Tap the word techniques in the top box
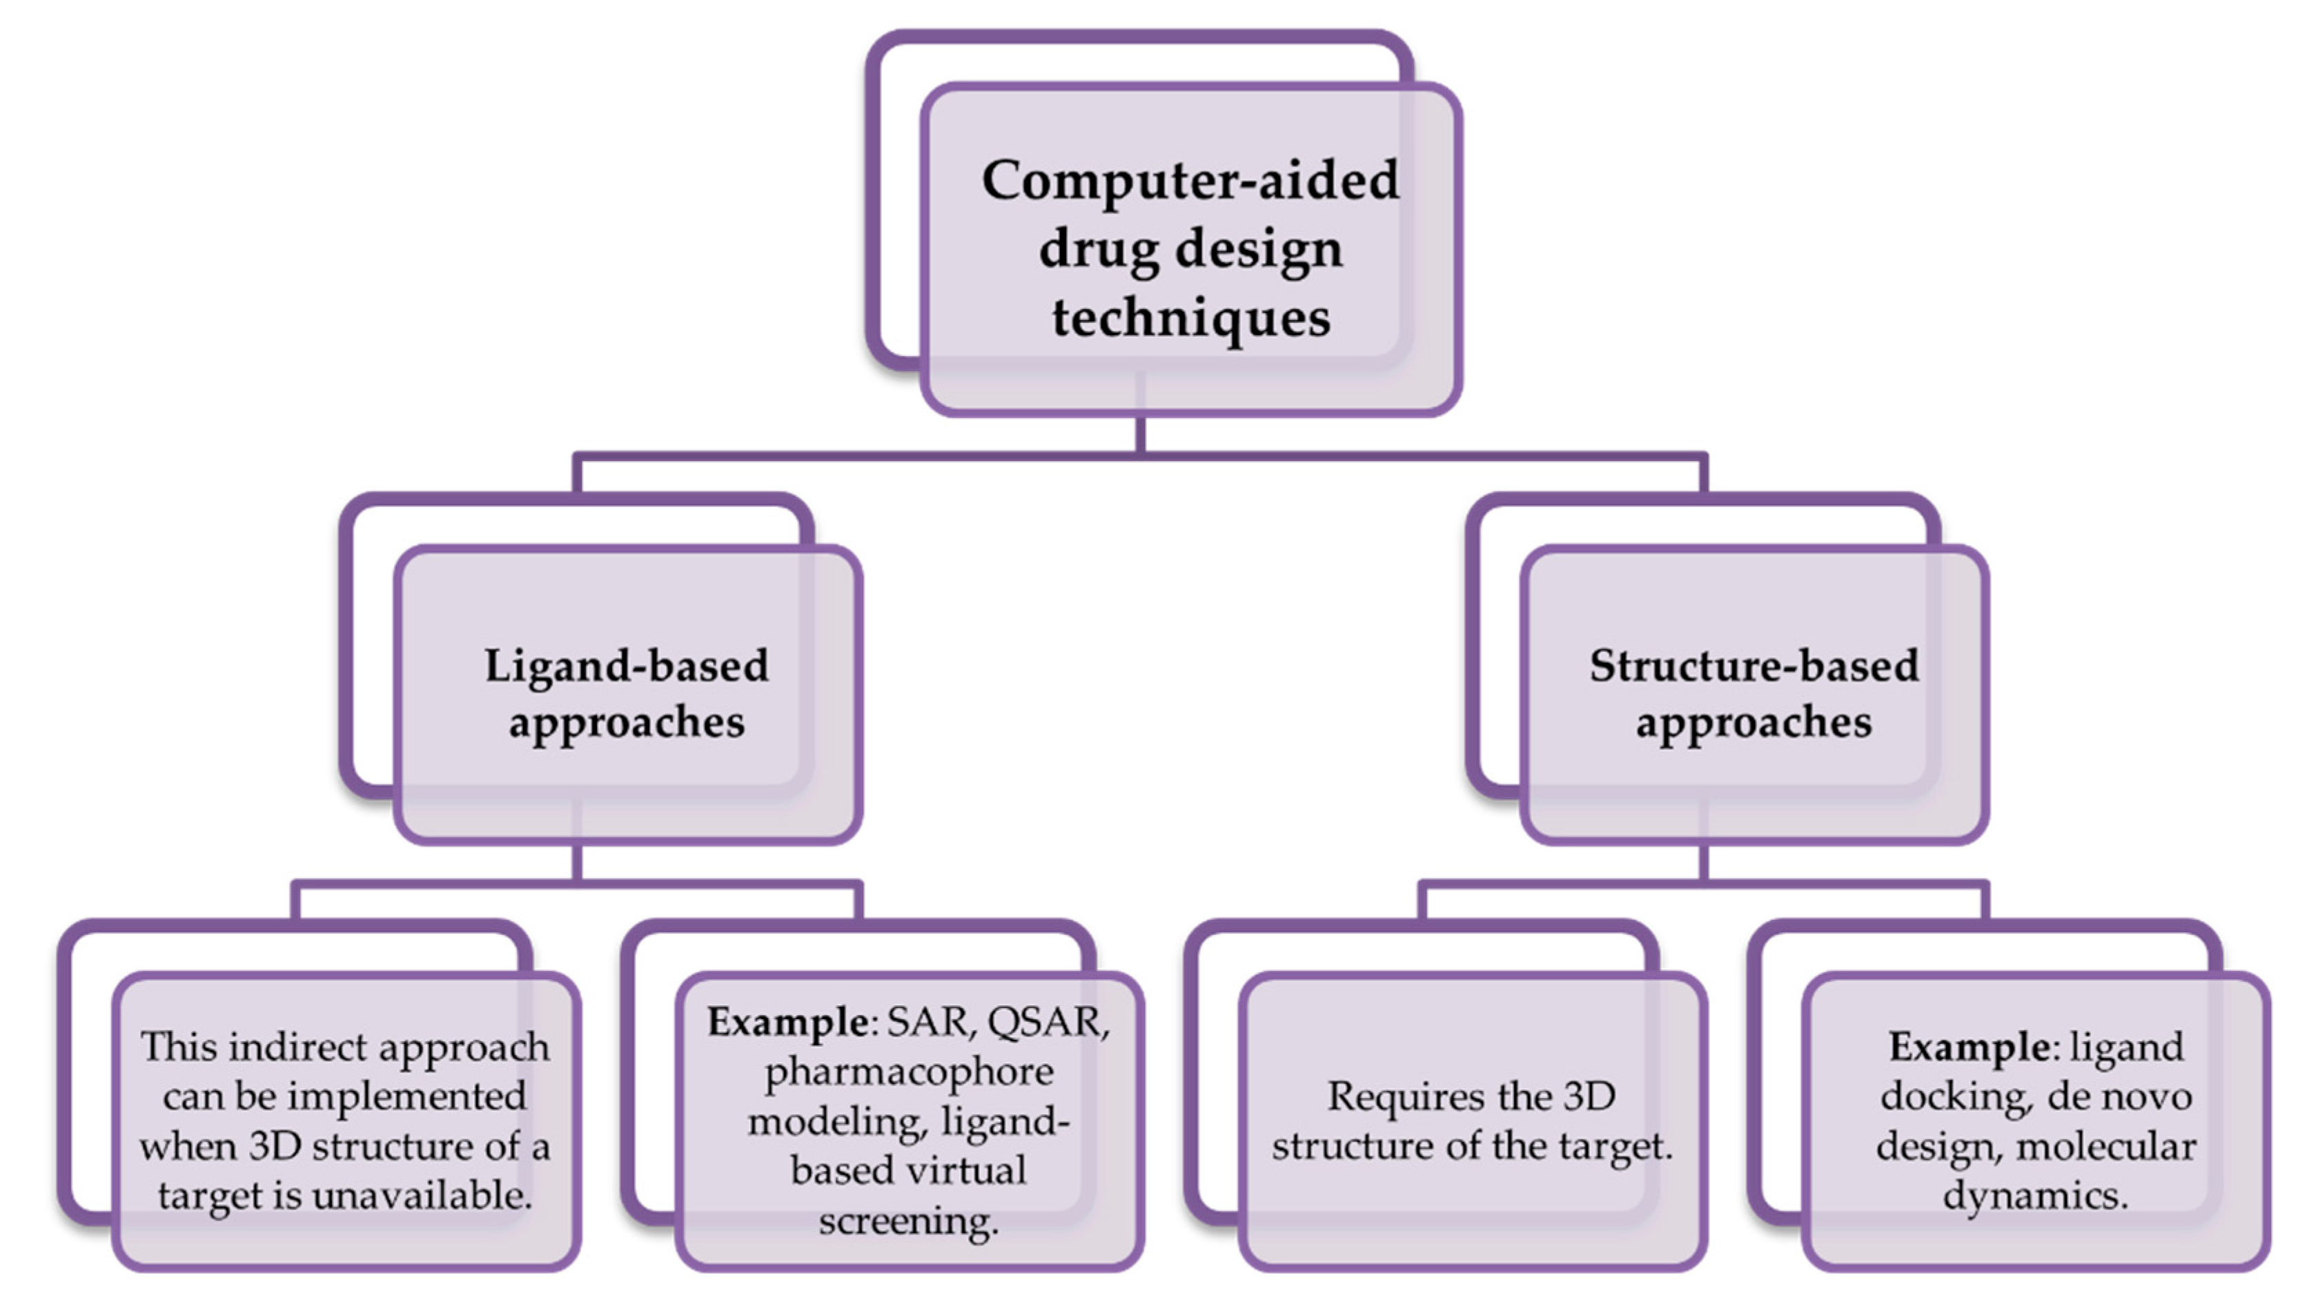[1191, 318]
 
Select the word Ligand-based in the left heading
[626, 666]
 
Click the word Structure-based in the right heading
[1754, 666]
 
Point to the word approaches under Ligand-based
[626, 722]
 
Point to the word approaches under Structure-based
[1754, 722]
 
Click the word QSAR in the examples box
[1045, 1021]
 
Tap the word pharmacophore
[909, 1072]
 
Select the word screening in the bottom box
[909, 1221]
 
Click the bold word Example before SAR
[785, 1021]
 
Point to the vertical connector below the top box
[1140, 435]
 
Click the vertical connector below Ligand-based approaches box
[577, 863]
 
